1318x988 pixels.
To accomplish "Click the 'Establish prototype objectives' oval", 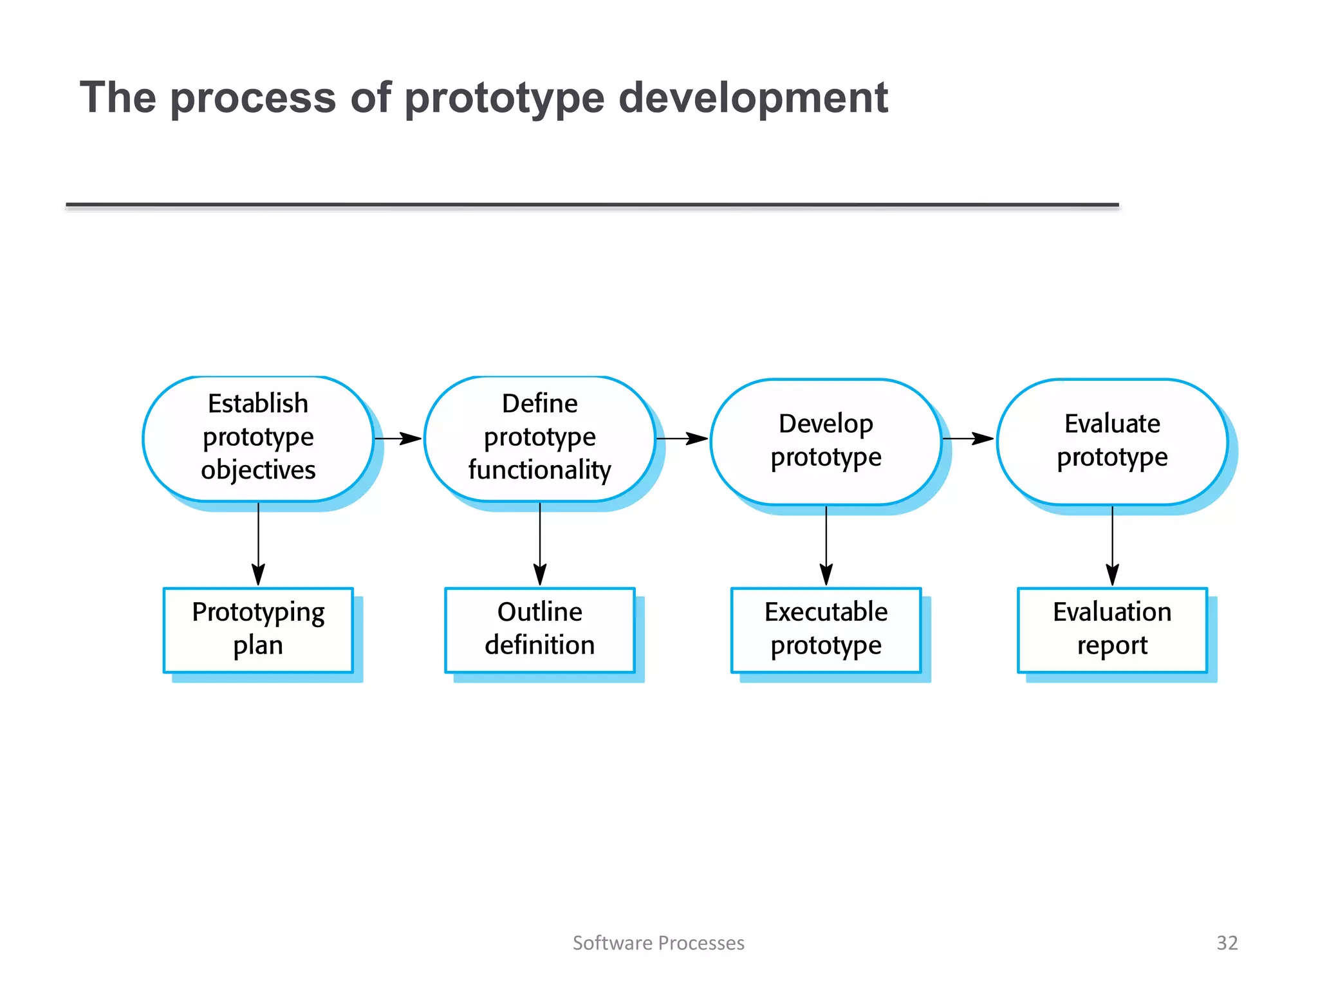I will click(258, 438).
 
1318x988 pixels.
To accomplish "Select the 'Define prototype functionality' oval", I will click(539, 438).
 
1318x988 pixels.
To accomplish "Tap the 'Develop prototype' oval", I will click(826, 441).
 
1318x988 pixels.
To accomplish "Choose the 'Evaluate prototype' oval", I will click(1112, 441).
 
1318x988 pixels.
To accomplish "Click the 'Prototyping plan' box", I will click(258, 630).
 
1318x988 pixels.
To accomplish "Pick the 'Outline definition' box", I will click(539, 630).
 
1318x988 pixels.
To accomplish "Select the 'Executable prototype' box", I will click(826, 630).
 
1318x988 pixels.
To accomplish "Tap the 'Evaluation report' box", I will click(1112, 630).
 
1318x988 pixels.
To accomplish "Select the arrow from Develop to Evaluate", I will click(969, 439).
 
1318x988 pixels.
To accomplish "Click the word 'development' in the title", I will click(753, 98).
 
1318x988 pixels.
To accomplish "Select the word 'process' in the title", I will click(253, 98).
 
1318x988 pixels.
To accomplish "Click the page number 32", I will click(1227, 942).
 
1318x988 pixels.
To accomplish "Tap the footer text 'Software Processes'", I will click(658, 942).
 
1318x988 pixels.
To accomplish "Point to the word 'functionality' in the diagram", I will click(539, 470).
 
